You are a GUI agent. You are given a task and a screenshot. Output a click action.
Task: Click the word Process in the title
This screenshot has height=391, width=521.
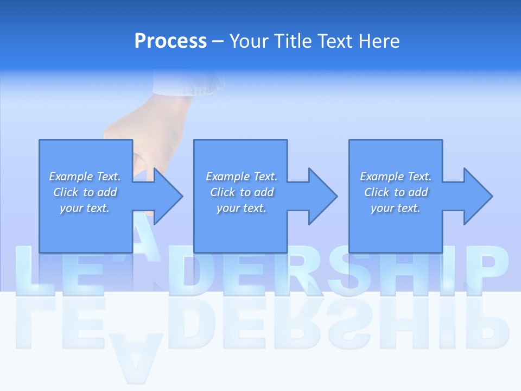[x=170, y=41]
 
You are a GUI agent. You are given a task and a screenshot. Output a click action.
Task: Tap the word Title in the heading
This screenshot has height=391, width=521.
[x=293, y=41]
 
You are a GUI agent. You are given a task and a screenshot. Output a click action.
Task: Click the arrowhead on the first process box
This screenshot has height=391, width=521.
[x=168, y=196]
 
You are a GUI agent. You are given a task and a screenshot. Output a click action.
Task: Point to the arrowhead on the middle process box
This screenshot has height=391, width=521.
[x=322, y=196]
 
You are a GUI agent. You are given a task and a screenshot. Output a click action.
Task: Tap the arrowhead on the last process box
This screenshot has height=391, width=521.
[x=478, y=196]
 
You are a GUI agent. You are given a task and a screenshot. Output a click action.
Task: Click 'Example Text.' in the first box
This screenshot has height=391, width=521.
[x=85, y=176]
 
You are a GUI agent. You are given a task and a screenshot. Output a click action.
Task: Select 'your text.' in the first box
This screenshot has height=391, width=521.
[x=85, y=208]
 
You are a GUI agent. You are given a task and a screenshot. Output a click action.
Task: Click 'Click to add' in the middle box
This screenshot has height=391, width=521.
[x=242, y=192]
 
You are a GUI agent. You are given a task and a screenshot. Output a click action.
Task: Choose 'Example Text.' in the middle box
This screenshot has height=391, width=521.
[x=242, y=176]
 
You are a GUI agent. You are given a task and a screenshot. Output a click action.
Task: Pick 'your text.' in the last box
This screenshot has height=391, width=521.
[x=396, y=208]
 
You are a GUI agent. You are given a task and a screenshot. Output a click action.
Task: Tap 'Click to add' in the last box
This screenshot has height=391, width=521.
[x=396, y=192]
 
